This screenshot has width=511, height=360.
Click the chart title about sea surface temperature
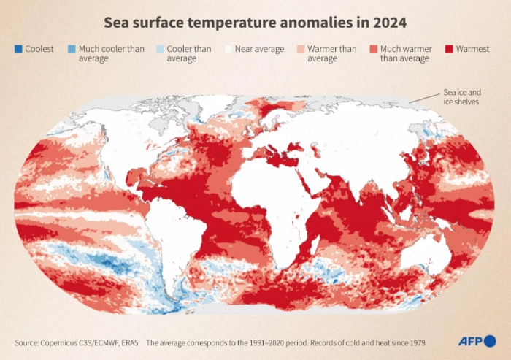coord(255,22)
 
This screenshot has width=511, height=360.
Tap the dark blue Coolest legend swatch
coord(18,50)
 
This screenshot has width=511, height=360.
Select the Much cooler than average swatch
coord(71,50)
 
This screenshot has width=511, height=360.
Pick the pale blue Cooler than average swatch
coord(158,50)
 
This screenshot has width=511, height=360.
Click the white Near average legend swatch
coord(228,50)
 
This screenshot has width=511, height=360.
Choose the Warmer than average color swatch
coord(300,50)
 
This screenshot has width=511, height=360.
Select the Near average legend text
coord(259,50)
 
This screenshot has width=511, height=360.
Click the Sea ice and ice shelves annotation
coord(463,97)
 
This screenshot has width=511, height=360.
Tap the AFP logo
coord(476,341)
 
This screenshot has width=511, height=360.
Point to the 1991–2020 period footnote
coord(285,342)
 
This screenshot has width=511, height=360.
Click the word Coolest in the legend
coord(39,50)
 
